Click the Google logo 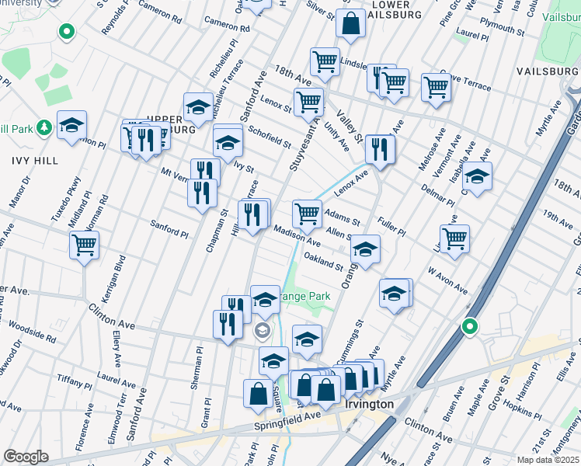(x=26, y=457)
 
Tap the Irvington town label (x=368, y=405)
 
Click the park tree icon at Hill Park (x=44, y=127)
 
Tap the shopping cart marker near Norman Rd (x=84, y=245)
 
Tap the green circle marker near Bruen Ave (x=469, y=326)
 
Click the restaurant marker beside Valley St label (x=380, y=149)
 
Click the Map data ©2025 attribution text (x=548, y=460)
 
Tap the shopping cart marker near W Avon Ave (x=454, y=238)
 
